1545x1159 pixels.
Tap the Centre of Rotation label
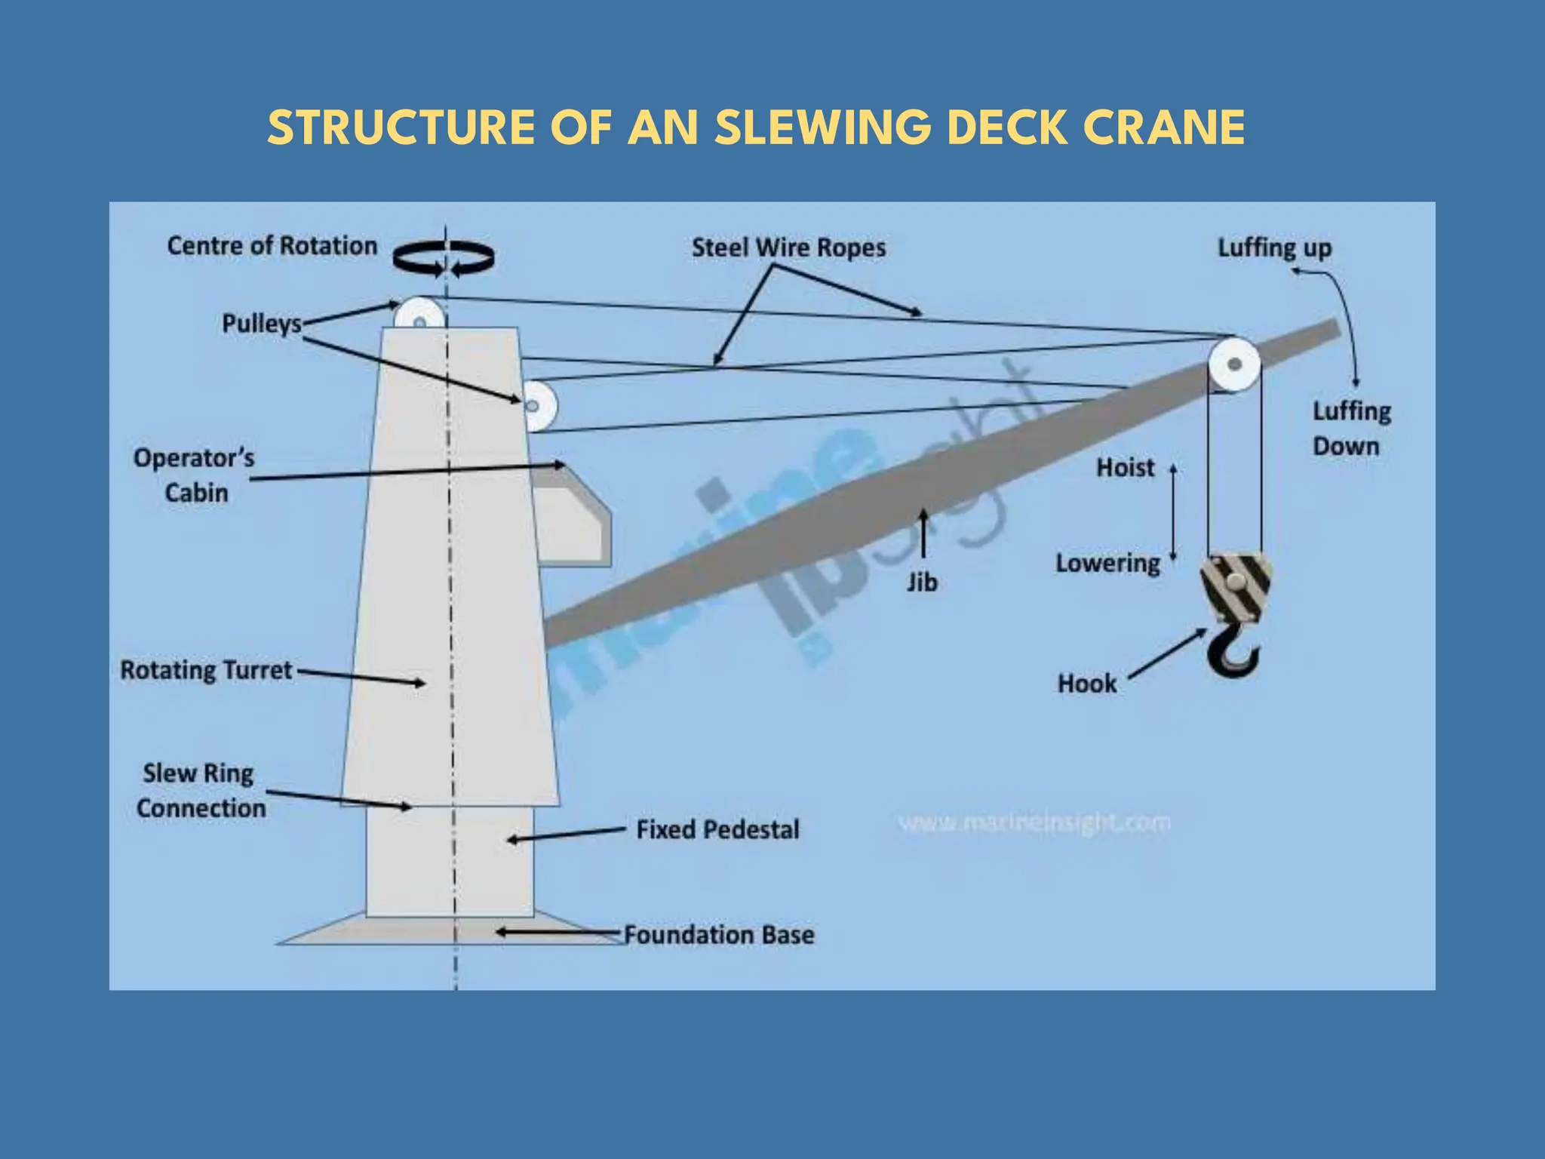272,246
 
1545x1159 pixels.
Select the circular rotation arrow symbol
444,258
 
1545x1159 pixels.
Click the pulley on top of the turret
419,314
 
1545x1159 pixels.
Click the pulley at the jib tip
1234,365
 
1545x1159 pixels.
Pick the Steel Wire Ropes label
788,247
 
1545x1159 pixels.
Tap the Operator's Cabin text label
194,475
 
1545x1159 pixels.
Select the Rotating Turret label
206,670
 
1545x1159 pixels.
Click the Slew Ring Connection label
201,791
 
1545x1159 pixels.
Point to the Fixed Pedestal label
717,830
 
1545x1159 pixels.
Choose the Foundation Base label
719,935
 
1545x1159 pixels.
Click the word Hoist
1125,468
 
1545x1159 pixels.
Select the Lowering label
1107,564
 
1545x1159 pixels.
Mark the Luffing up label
1274,248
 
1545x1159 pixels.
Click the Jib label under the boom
922,583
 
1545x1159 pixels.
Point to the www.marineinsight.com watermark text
1034,822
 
